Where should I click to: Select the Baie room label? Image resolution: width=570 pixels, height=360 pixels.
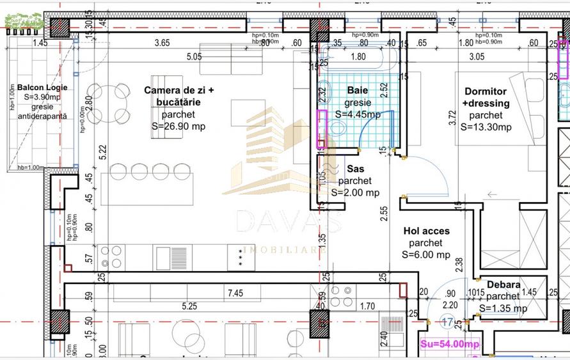(358, 91)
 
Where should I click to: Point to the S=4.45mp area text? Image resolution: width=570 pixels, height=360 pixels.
(358, 114)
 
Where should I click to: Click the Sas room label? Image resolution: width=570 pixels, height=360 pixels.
(355, 169)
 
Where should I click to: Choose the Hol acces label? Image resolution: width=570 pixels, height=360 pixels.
(426, 231)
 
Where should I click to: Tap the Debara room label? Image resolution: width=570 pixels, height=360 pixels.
(503, 285)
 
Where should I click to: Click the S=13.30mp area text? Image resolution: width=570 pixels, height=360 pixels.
(486, 127)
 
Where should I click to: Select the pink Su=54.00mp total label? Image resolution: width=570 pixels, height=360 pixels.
(450, 344)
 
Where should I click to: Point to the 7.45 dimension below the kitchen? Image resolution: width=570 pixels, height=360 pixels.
(234, 293)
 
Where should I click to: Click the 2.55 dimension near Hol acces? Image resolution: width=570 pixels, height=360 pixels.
(383, 213)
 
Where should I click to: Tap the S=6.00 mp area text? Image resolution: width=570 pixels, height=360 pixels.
(426, 254)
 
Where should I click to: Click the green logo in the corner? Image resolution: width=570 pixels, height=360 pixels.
(24, 20)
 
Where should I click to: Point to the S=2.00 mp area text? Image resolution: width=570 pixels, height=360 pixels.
(355, 192)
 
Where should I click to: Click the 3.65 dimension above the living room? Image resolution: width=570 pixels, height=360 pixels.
(163, 43)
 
